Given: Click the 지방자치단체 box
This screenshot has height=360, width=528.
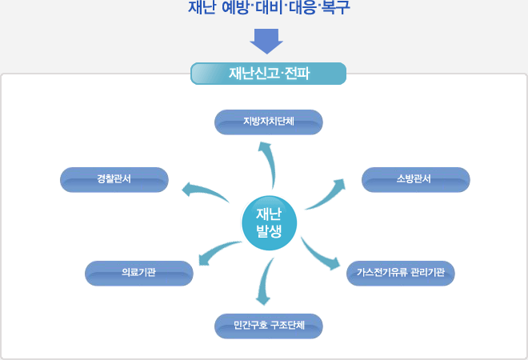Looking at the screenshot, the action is (268, 122).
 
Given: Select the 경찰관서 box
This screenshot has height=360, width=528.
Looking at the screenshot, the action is (114, 179).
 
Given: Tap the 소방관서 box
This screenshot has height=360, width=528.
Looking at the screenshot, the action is (415, 179).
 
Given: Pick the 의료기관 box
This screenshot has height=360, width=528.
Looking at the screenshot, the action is (139, 273).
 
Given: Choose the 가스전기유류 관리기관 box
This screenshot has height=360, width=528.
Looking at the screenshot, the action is (400, 273).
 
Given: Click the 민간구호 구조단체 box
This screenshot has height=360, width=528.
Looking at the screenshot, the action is (268, 326).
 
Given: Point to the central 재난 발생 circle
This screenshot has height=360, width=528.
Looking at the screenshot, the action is (269, 223).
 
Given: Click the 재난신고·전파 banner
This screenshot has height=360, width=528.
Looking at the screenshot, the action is (268, 74).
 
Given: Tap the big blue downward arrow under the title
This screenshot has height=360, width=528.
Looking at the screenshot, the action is (266, 42).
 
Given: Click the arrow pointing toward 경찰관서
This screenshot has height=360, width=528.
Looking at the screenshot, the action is (204, 191).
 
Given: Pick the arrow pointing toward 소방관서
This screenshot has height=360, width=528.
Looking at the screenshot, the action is (328, 196).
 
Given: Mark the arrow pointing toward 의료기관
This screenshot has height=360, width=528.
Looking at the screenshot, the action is (217, 251).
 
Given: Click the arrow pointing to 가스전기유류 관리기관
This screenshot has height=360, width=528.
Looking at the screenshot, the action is (318, 254).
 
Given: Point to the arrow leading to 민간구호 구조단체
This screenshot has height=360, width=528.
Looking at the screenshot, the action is (265, 281).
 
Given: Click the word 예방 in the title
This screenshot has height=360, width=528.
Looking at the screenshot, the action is (235, 7).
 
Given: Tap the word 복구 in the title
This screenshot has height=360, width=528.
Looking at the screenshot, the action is (336, 7).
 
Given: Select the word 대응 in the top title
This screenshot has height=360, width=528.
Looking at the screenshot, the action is (302, 7).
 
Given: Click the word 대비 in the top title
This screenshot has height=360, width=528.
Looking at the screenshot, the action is (269, 7).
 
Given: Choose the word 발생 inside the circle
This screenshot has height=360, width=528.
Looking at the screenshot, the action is (269, 231).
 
